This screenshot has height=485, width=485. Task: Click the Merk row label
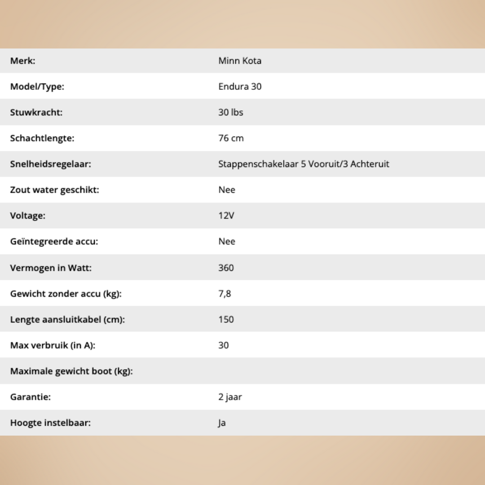click(22, 61)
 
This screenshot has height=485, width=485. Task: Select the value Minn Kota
click(240, 61)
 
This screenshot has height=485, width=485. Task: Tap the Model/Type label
click(37, 87)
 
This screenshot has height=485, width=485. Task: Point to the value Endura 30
click(240, 87)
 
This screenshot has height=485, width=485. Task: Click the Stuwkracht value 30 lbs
click(230, 112)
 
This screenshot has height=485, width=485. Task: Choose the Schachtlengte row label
click(42, 138)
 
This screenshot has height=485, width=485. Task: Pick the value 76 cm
click(231, 138)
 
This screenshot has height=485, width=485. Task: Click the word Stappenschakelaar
click(258, 164)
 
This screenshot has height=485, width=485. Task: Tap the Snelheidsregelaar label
click(50, 164)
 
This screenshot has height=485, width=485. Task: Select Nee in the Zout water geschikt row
click(227, 190)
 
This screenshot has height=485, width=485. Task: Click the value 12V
click(226, 216)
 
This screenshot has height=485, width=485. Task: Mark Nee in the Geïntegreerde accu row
click(227, 242)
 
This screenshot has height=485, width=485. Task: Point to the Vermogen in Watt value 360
click(226, 268)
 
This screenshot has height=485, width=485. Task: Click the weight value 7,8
click(225, 294)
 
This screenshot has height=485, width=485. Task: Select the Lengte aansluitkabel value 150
click(226, 319)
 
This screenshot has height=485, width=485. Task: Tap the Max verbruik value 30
click(223, 345)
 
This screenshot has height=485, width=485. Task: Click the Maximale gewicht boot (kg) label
click(71, 371)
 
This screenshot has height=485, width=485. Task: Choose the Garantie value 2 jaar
click(230, 397)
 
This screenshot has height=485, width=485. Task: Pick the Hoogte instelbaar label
click(50, 423)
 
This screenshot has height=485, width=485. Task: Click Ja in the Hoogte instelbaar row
click(222, 423)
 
